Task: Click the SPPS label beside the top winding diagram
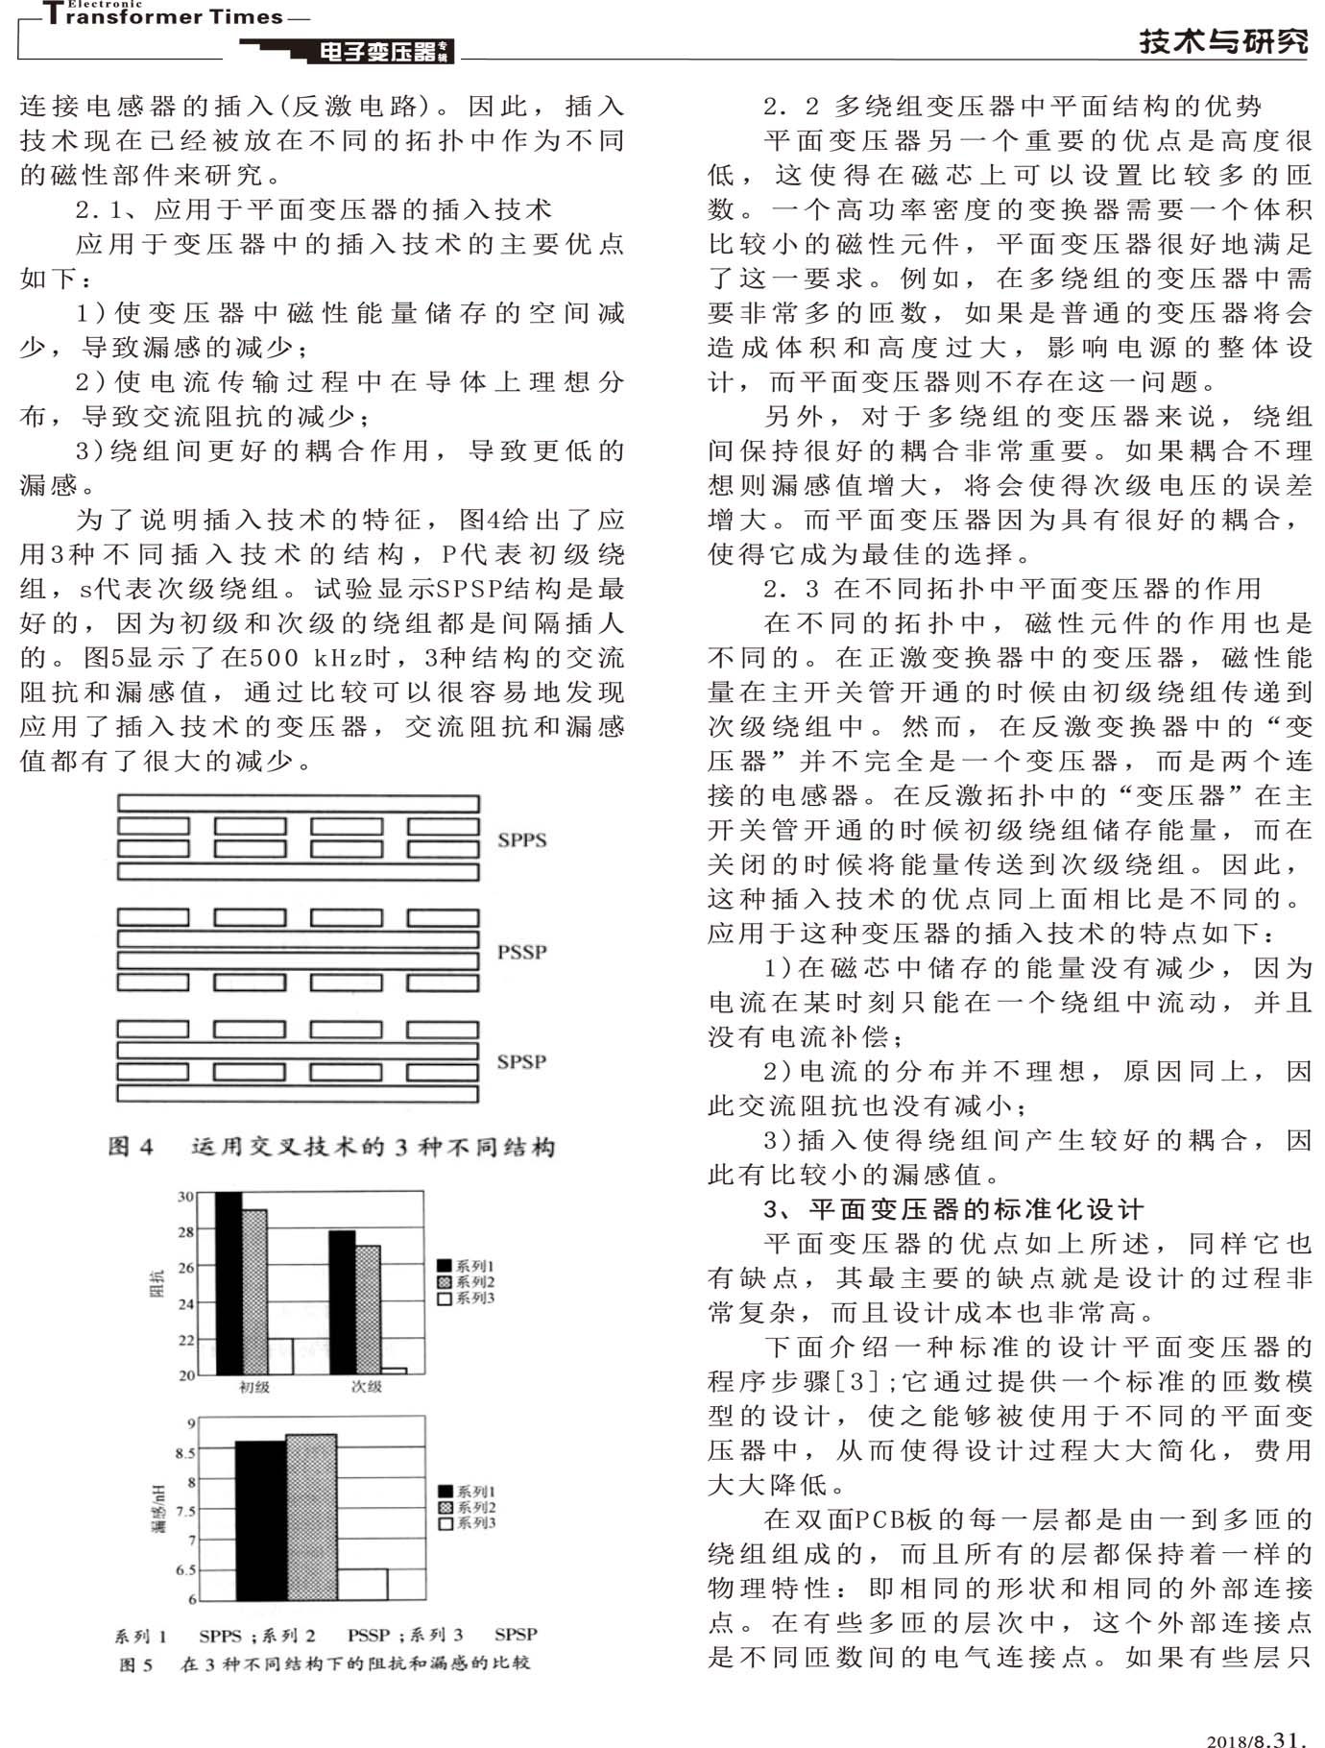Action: pyautogui.click(x=521, y=840)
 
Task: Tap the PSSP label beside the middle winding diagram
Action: pyautogui.click(x=521, y=952)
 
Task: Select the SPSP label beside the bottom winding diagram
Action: pyautogui.click(x=521, y=1062)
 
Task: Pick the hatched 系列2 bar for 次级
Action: pyautogui.click(x=368, y=1310)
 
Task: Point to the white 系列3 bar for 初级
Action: pyautogui.click(x=279, y=1356)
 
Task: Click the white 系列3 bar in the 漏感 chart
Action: pyautogui.click(x=362, y=1584)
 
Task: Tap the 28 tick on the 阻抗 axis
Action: pyautogui.click(x=185, y=1232)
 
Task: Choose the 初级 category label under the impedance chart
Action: pyautogui.click(x=254, y=1387)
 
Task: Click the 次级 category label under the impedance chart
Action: pyautogui.click(x=367, y=1387)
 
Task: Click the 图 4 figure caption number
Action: pyautogui.click(x=131, y=1147)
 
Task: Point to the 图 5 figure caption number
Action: pyautogui.click(x=135, y=1664)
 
